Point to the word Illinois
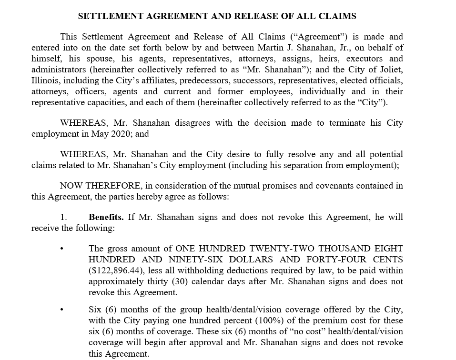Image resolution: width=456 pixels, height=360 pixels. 45,80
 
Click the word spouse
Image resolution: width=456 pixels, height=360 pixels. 101,59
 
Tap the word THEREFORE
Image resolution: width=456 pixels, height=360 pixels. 114,186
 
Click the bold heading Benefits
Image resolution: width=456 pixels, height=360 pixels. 106,217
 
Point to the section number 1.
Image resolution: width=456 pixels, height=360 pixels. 63,217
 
